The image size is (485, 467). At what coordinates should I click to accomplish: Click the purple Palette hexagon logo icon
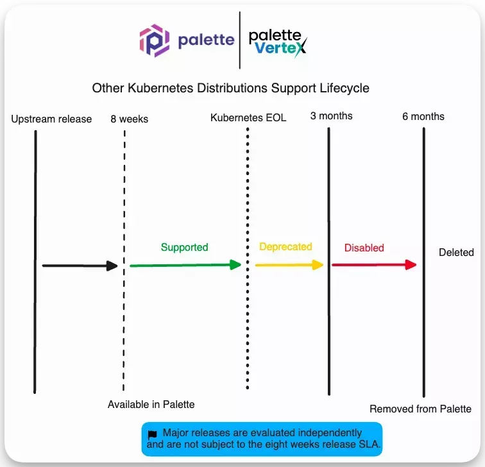pyautogui.click(x=155, y=40)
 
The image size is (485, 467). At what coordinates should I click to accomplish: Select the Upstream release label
pyautogui.click(x=51, y=119)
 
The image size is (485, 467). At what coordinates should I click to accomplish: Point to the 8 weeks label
pyautogui.click(x=129, y=119)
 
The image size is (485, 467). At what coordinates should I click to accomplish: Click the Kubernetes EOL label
pyautogui.click(x=248, y=118)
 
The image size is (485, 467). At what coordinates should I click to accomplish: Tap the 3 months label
pyautogui.click(x=331, y=116)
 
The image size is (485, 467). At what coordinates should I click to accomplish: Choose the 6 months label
pyautogui.click(x=423, y=116)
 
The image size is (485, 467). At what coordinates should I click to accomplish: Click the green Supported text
pyautogui.click(x=184, y=247)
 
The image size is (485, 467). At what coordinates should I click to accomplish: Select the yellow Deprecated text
pyautogui.click(x=285, y=246)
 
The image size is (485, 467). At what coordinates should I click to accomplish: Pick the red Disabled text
pyautogui.click(x=364, y=248)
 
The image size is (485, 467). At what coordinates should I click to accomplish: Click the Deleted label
pyautogui.click(x=456, y=252)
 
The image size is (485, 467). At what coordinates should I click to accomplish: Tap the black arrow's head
pyautogui.click(x=113, y=266)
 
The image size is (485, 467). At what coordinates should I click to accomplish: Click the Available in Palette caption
pyautogui.click(x=151, y=404)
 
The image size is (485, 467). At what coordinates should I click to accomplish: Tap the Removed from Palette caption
pyautogui.click(x=420, y=409)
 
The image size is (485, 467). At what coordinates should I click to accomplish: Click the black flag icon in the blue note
pyautogui.click(x=152, y=434)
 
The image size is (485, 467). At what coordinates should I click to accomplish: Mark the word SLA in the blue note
pyautogui.click(x=368, y=443)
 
